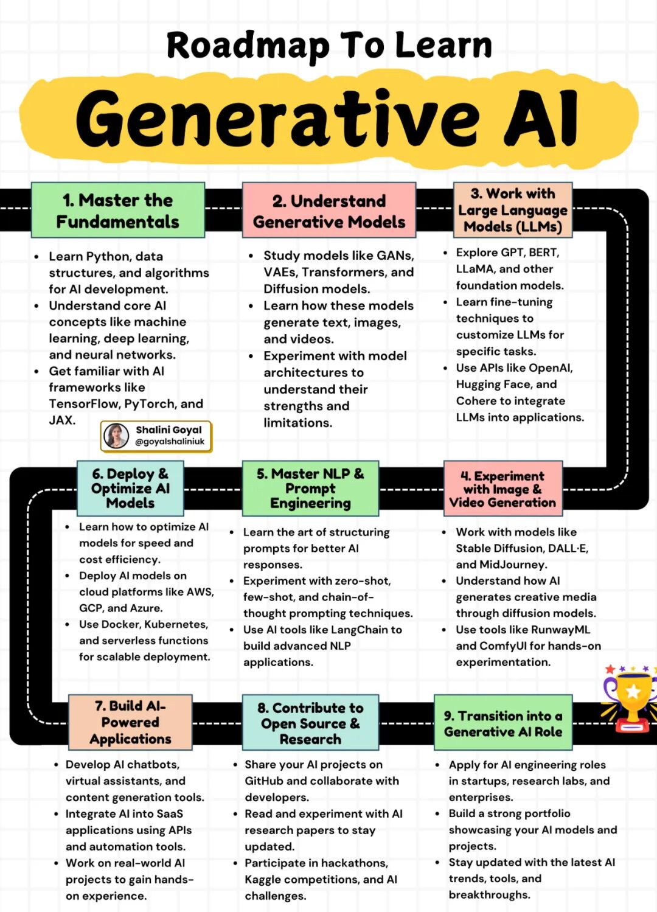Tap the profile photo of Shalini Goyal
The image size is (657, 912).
116,436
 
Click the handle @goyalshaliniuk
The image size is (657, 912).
170,442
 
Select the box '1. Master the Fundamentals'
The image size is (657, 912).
117,211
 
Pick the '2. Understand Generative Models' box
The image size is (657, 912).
329,211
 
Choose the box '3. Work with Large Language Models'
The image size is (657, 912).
513,210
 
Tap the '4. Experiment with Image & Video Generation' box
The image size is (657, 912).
502,489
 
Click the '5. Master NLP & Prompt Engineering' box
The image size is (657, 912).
310,488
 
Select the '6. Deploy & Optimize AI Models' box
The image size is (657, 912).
130,488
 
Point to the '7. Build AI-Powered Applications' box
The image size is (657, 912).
130,722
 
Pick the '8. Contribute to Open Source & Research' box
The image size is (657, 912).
310,723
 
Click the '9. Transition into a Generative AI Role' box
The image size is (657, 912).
503,723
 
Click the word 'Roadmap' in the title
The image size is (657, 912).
248,46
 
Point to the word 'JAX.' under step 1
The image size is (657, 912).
62,420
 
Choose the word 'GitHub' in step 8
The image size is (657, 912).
263,781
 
